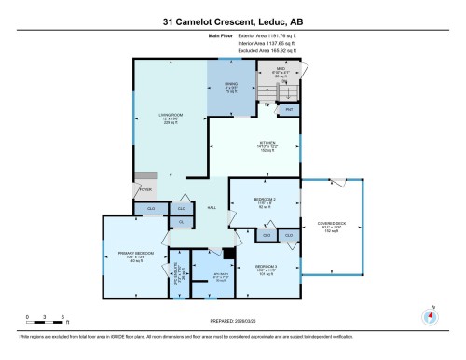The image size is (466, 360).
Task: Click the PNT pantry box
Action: click(x=289, y=110)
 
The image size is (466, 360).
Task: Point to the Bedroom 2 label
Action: click(x=265, y=202)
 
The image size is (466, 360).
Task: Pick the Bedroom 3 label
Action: click(x=267, y=270)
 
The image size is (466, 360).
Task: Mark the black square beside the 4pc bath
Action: click(x=229, y=254)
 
